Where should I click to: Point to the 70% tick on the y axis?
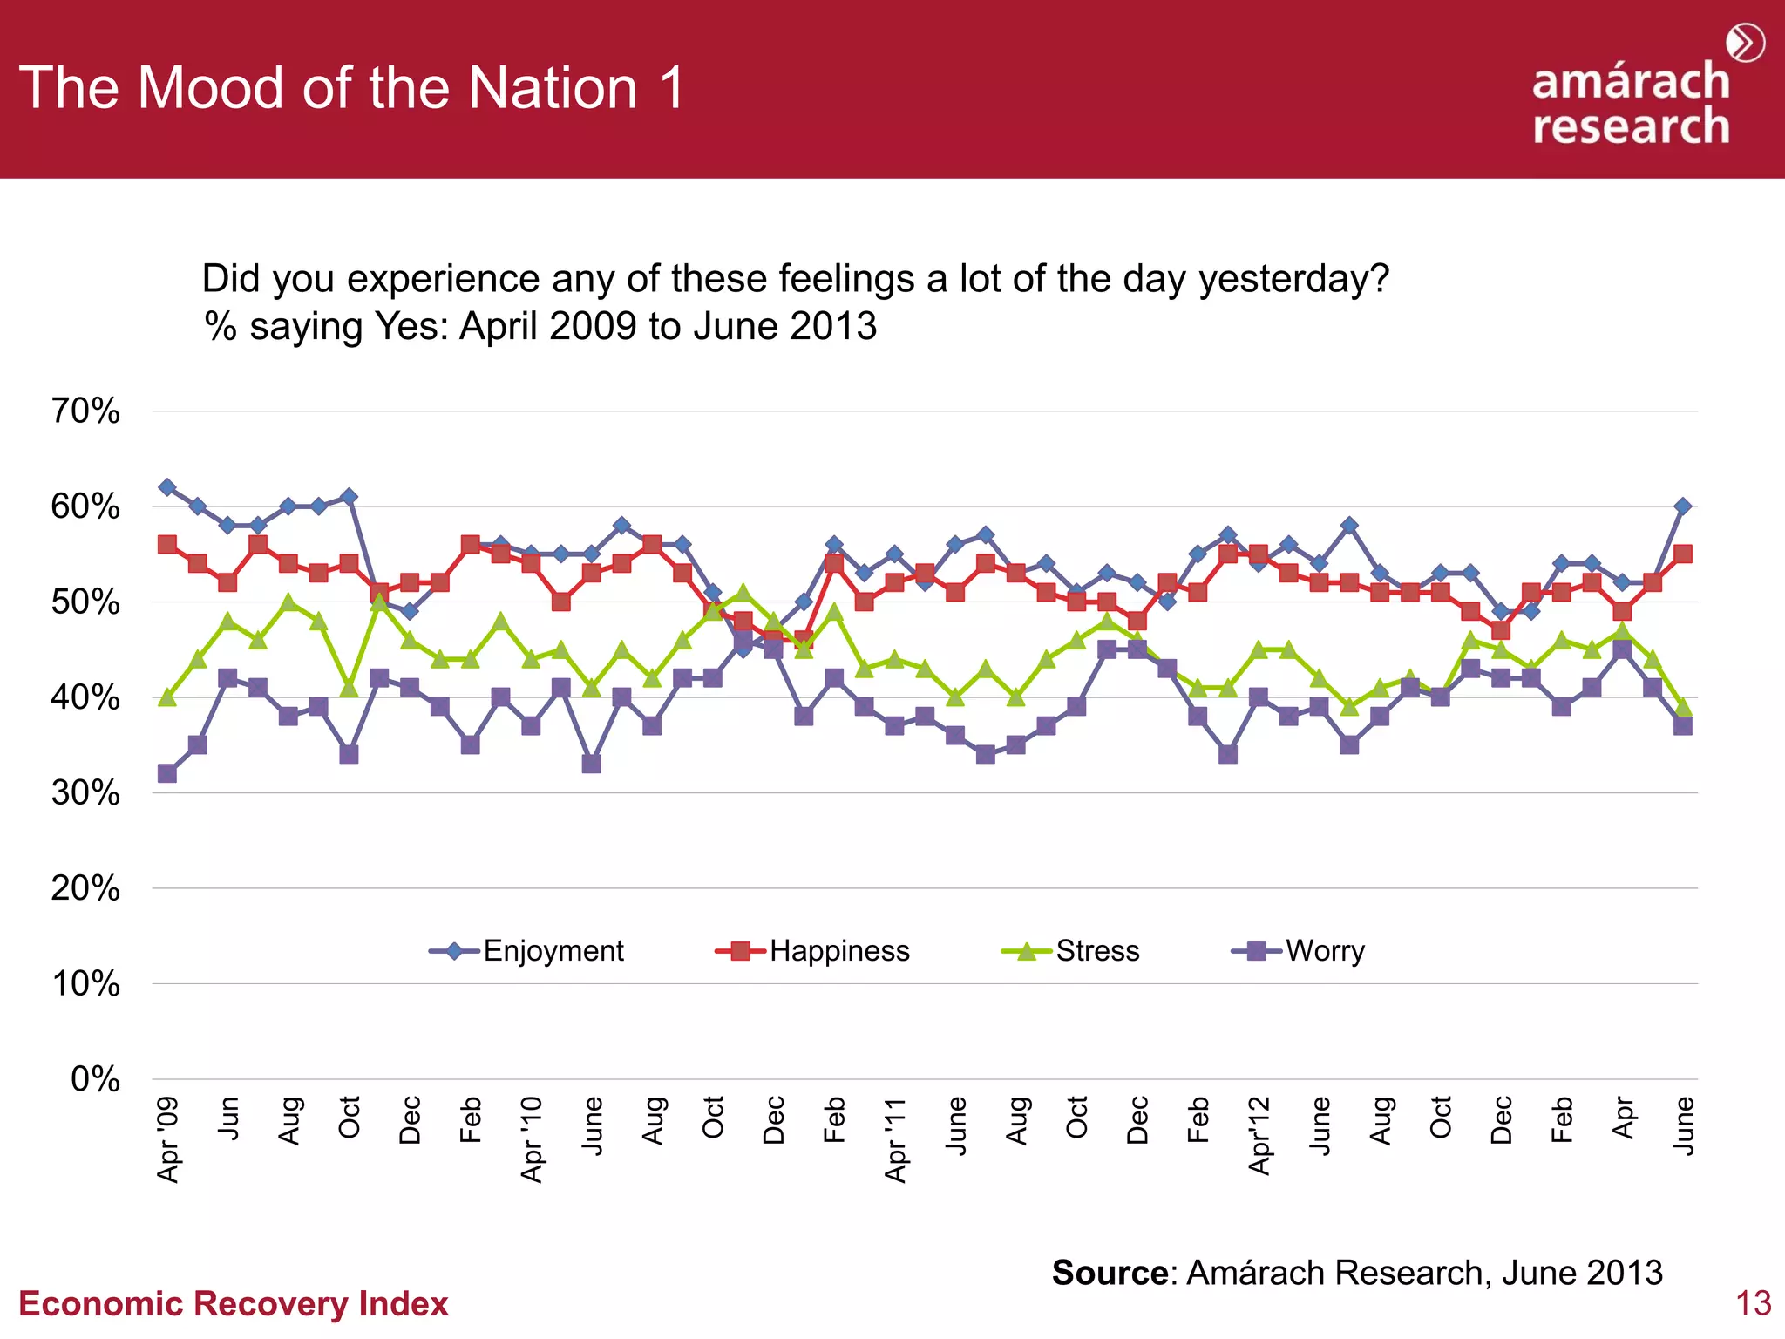click(x=85, y=411)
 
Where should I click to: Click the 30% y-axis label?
click(x=85, y=792)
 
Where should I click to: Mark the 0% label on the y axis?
click(x=95, y=1079)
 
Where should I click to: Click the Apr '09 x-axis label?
click(x=167, y=1138)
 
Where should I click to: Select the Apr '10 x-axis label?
click(x=532, y=1138)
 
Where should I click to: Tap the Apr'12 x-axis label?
click(x=1259, y=1135)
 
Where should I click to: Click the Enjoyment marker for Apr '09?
click(x=167, y=486)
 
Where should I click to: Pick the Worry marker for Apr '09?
click(x=167, y=773)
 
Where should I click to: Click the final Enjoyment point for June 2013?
click(x=1683, y=506)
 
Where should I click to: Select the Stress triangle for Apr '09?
click(x=167, y=697)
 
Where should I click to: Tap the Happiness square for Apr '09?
click(x=167, y=544)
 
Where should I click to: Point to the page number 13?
click(x=1753, y=1303)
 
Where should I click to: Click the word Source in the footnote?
click(x=1109, y=1273)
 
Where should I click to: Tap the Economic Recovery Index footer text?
click(x=234, y=1303)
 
